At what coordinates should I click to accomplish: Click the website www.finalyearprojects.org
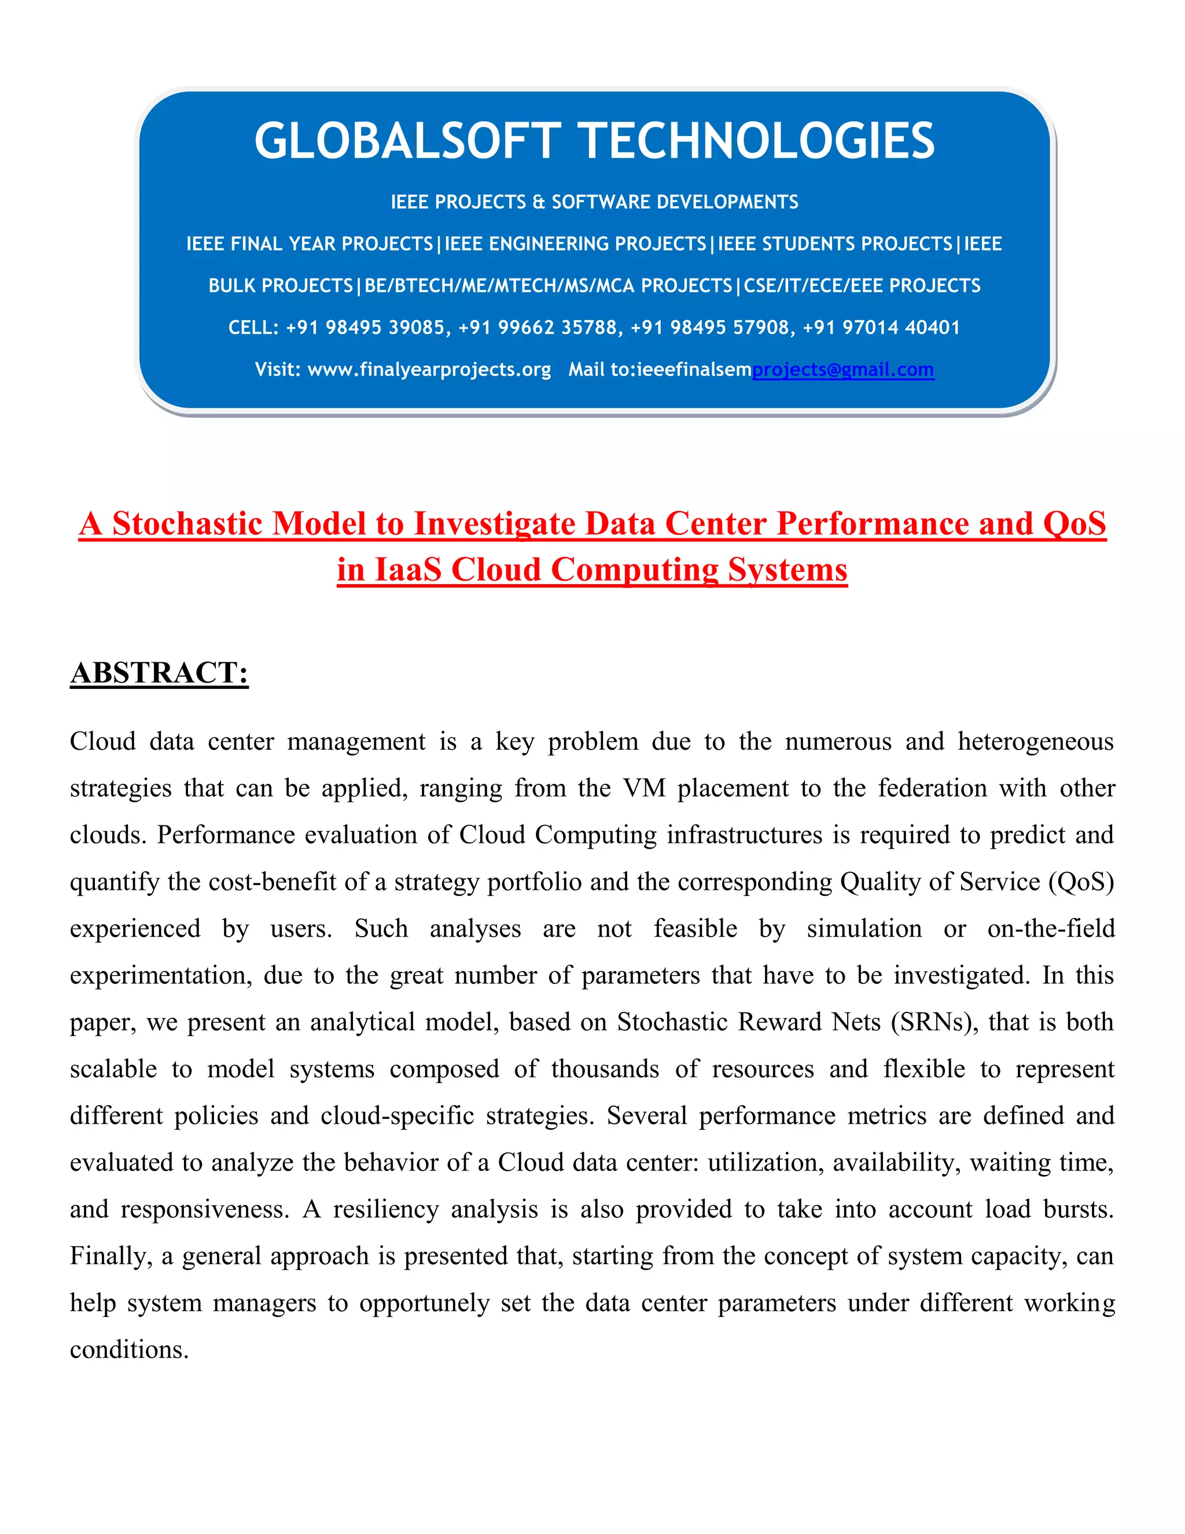pos(429,369)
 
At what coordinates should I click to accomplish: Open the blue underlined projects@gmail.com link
pos(842,369)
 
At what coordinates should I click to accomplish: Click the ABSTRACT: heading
pos(159,673)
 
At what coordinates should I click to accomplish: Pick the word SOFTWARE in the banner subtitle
pos(591,202)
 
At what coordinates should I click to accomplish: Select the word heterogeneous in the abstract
pos(1036,742)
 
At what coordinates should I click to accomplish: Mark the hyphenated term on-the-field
pos(1050,929)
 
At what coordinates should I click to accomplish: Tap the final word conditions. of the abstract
pos(129,1350)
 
